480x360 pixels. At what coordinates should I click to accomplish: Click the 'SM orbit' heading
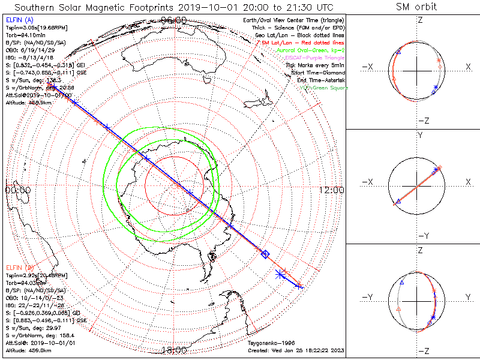coord(416,7)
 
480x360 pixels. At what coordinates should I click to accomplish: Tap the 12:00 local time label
coord(332,190)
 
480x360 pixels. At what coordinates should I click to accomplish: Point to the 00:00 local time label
coord(18,190)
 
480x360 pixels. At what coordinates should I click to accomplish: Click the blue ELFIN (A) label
coord(19,20)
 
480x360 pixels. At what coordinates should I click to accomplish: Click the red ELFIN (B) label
coord(19,266)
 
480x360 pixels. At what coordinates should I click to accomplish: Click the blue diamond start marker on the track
coord(265,254)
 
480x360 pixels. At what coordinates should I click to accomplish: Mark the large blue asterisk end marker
coord(280,274)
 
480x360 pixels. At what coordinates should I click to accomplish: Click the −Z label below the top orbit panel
coord(422,120)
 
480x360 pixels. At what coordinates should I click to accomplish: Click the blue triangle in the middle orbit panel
coord(398,200)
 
